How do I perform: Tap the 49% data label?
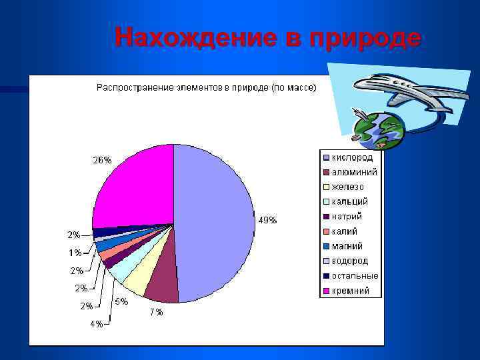coord(267,221)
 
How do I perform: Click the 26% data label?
coord(102,160)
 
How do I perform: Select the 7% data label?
coord(155,312)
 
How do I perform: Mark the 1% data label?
coord(74,253)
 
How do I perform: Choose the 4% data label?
coord(97,324)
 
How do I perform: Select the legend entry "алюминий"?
coord(354,172)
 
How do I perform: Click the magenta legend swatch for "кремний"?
coord(326,291)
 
